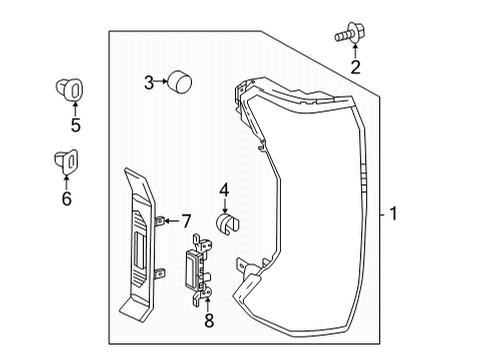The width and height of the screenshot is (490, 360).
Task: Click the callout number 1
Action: pos(395,213)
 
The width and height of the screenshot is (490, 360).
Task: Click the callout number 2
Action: pos(353,67)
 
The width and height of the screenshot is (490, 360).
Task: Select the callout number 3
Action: pos(148,82)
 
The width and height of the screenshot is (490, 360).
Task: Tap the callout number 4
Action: pos(224,187)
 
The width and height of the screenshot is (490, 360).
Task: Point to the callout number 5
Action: pos(73,127)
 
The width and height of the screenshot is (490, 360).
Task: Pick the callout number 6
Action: pos(67,199)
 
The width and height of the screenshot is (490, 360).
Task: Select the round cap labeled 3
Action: pos(180,80)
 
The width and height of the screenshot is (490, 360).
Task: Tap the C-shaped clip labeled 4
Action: pos(228,224)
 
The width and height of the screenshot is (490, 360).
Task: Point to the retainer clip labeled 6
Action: pos(64,160)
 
